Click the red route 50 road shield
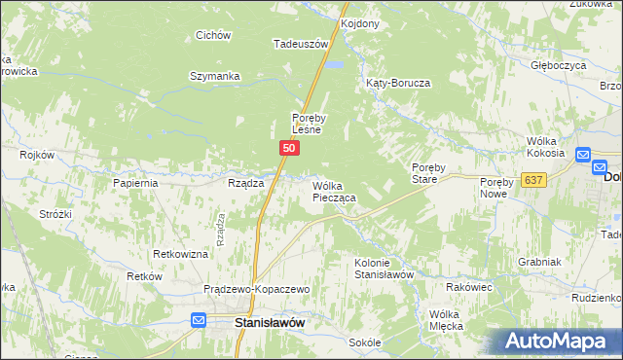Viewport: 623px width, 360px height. coord(289,147)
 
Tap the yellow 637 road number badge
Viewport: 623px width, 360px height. coord(532,180)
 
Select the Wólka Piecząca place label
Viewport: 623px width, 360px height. coord(334,191)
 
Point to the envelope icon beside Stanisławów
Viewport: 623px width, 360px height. coord(199,320)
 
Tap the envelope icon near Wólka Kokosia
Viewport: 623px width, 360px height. coord(583,155)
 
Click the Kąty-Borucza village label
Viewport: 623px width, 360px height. coord(398,84)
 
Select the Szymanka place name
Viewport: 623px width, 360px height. coord(214,76)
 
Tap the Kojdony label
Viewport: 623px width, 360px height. coord(360,22)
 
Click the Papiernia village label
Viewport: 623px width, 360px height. coord(135,183)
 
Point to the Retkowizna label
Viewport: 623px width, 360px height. coord(180,254)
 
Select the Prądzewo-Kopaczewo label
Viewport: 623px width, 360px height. coord(256,290)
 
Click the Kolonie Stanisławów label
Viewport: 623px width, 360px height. coord(385,269)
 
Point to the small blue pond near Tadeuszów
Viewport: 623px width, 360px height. coord(336,65)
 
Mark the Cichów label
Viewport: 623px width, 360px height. coord(212,36)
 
